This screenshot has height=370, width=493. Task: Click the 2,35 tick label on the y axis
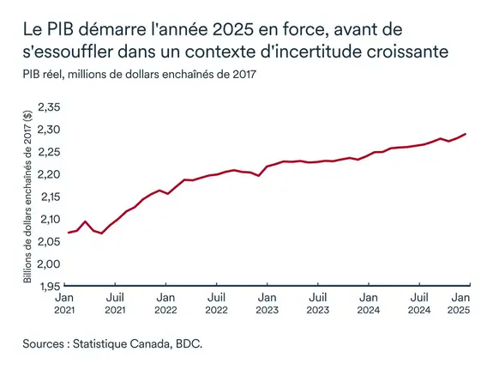(x=47, y=107)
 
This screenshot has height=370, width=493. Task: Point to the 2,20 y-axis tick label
(x=47, y=174)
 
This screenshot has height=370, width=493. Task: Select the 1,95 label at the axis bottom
(x=47, y=285)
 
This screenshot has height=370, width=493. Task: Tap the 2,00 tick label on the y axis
(x=47, y=263)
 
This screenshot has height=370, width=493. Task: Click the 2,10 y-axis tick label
(x=47, y=219)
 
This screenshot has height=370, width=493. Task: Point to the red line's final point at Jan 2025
(x=466, y=134)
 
